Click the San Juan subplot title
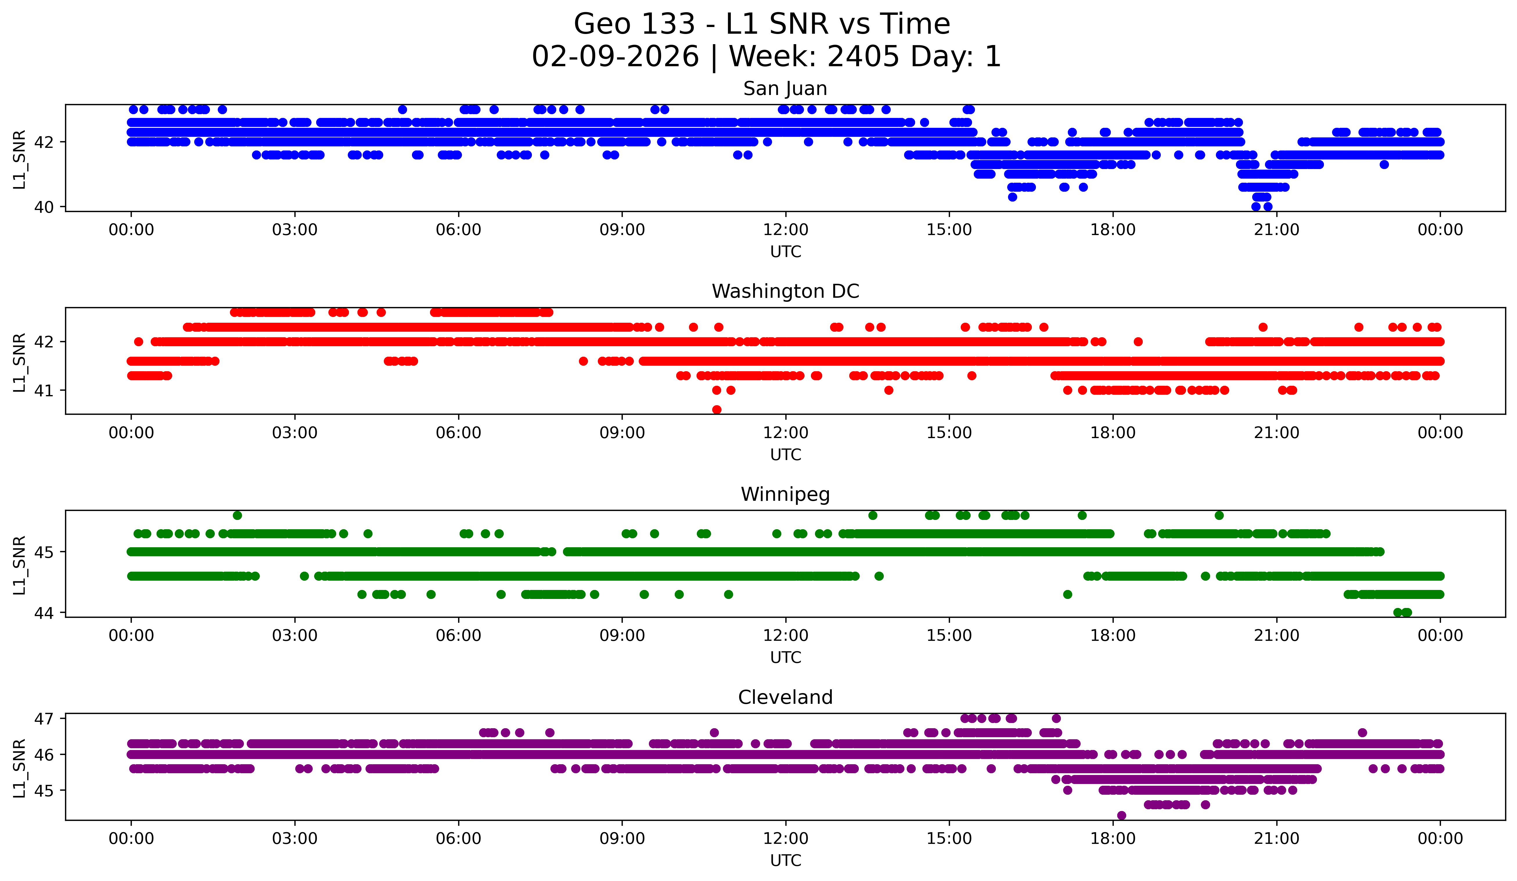point(785,89)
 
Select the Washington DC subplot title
point(785,291)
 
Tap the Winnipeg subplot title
point(785,494)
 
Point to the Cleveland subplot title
point(785,697)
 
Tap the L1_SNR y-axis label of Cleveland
point(19,768)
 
